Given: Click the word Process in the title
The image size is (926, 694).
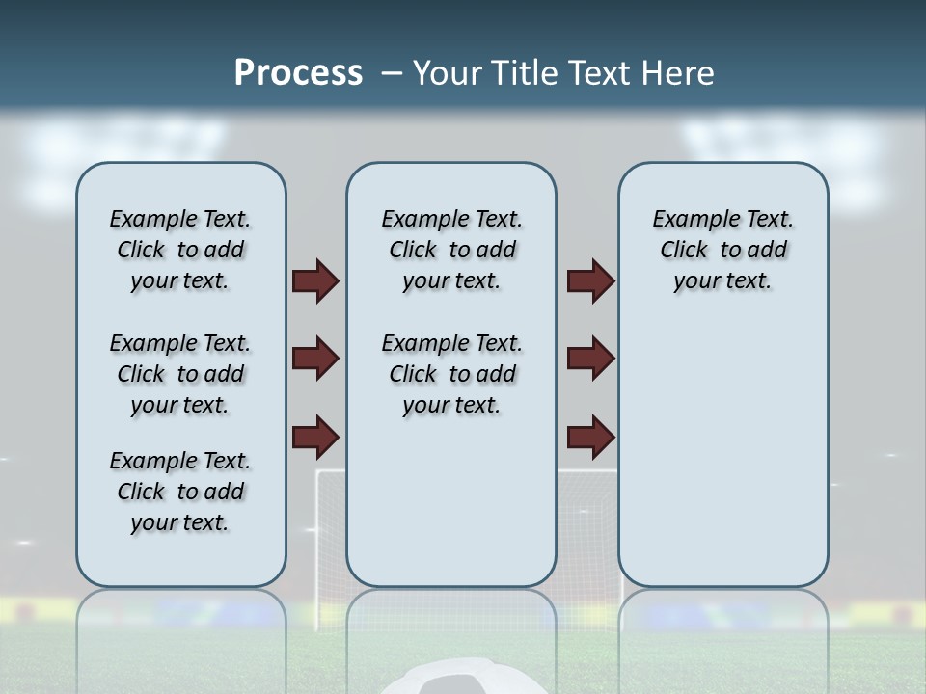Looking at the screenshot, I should coord(298,73).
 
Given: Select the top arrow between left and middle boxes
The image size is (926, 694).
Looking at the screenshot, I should coord(315,281).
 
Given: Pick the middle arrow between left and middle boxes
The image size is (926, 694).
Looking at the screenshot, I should coord(315,359).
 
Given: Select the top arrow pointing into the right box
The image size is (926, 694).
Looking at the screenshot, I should coord(591,281).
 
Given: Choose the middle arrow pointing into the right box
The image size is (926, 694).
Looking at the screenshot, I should coord(591,359).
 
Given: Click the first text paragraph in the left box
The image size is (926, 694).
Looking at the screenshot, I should coord(180,250).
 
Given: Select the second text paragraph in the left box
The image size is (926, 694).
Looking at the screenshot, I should coord(180,374).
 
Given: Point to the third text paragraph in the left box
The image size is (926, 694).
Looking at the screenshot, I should coord(180,492).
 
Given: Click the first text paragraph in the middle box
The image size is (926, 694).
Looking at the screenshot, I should coord(452,250).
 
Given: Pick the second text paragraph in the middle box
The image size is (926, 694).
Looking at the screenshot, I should coord(452,374).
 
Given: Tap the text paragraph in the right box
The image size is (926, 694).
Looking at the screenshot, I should coord(723,250).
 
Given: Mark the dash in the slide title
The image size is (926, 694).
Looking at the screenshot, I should coord(392,73).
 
